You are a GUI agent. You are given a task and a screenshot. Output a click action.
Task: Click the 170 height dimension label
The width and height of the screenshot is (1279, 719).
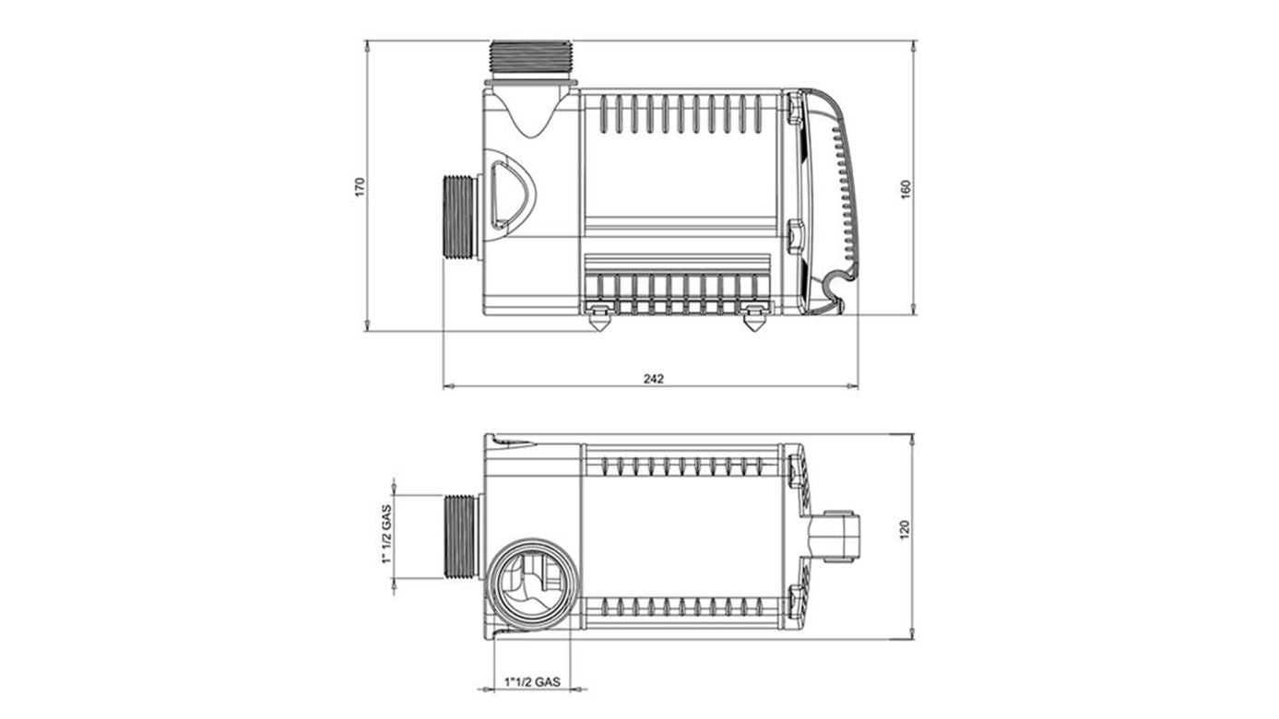click(x=361, y=186)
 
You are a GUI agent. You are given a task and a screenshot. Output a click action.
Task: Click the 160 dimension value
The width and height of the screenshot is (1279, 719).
click(x=906, y=187)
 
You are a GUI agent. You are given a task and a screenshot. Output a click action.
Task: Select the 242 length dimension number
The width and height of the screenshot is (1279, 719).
click(x=653, y=378)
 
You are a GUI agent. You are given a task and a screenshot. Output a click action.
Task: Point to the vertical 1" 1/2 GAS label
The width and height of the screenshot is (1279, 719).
click(x=387, y=536)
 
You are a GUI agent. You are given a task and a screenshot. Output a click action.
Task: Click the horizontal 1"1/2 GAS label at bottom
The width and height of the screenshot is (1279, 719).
click(x=532, y=681)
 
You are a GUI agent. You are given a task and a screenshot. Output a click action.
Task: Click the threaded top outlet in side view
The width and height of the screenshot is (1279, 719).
click(x=531, y=59)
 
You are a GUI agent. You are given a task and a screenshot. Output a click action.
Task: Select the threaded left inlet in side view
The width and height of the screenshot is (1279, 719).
click(x=460, y=217)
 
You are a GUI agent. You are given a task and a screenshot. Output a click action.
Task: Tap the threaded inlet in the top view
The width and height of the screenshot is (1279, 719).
click(x=462, y=536)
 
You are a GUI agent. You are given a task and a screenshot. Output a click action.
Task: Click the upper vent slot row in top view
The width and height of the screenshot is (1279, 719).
click(x=682, y=466)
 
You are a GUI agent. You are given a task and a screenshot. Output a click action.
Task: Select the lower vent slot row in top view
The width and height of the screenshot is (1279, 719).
click(x=682, y=607)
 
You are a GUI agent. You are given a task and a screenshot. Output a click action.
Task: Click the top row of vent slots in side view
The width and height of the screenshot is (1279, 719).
click(x=682, y=113)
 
